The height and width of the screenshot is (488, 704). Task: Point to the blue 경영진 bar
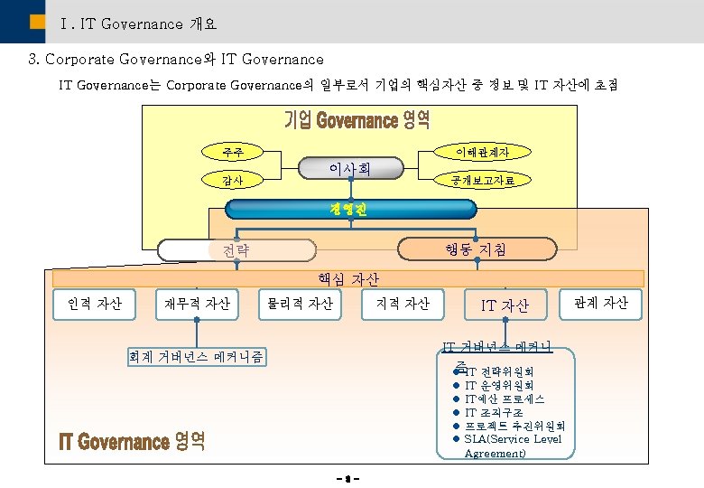(x=350, y=210)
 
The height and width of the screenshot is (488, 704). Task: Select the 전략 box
(x=237, y=249)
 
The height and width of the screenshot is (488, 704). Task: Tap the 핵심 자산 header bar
(x=347, y=279)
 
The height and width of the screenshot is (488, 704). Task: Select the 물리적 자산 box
(x=299, y=304)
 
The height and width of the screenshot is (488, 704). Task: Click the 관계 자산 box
(x=606, y=304)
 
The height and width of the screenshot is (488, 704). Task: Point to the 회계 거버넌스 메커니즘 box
(x=197, y=356)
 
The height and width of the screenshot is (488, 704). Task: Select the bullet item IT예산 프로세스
(x=505, y=399)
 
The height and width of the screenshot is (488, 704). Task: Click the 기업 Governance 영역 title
(x=357, y=120)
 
